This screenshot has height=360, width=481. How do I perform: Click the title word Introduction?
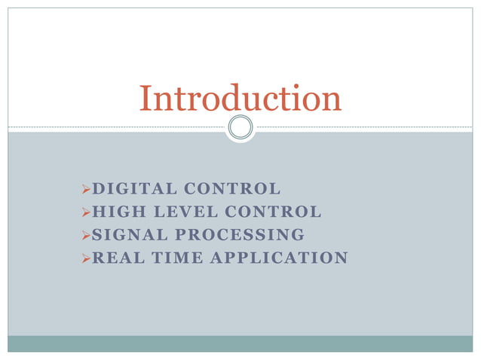pyautogui.click(x=240, y=99)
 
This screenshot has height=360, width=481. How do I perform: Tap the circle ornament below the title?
pyautogui.click(x=240, y=127)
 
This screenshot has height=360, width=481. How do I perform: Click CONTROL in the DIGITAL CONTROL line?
pyautogui.click(x=232, y=188)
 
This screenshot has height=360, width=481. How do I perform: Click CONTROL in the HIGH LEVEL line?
pyautogui.click(x=274, y=212)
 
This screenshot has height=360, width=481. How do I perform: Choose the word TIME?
pyautogui.click(x=175, y=258)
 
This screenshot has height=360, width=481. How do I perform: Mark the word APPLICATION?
pyautogui.click(x=279, y=258)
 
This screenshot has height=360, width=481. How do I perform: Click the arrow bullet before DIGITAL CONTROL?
pyautogui.click(x=85, y=189)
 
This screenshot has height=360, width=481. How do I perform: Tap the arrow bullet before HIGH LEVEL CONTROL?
pyautogui.click(x=85, y=212)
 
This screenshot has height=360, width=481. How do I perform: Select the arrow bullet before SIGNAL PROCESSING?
pyautogui.click(x=85, y=236)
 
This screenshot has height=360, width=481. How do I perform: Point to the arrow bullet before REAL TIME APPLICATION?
pyautogui.click(x=85, y=259)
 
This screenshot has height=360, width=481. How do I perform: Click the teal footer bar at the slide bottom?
pyautogui.click(x=240, y=343)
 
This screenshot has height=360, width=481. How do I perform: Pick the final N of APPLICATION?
pyautogui.click(x=342, y=258)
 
